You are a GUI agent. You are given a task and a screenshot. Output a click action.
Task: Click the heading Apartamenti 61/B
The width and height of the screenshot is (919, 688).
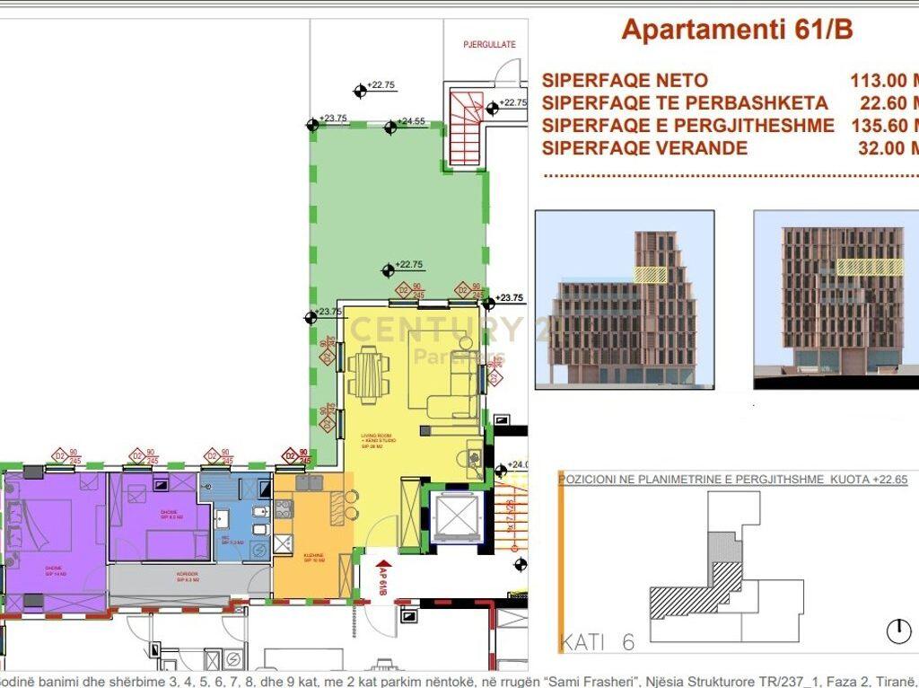(737, 29)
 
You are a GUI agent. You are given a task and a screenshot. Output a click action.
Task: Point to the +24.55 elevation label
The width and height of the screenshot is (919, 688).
(412, 120)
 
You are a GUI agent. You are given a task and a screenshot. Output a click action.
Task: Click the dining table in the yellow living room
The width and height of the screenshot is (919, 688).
(369, 373)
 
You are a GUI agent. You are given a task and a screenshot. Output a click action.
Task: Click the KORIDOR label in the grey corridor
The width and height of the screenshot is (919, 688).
(188, 574)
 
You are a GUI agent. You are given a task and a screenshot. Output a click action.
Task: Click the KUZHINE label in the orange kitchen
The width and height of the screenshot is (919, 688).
(313, 556)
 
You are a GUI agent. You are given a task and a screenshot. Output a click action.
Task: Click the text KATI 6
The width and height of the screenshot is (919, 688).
(597, 642)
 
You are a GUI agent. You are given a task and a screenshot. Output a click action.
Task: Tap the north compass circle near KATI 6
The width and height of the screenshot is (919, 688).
(898, 631)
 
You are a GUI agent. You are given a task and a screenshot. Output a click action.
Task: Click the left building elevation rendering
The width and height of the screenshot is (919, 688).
(625, 299)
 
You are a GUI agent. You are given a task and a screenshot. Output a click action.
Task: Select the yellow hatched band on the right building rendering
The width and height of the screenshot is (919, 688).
(870, 267)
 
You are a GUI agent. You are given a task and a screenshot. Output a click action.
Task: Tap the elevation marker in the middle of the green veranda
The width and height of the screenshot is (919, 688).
(388, 269)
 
